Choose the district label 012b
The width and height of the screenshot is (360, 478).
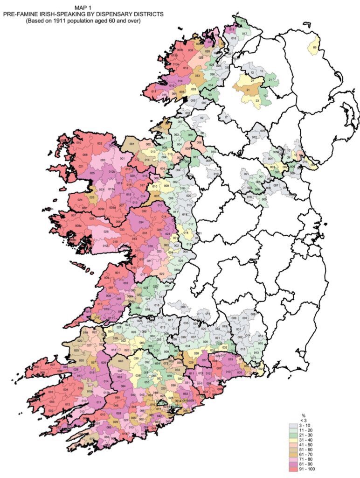(111, 172)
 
